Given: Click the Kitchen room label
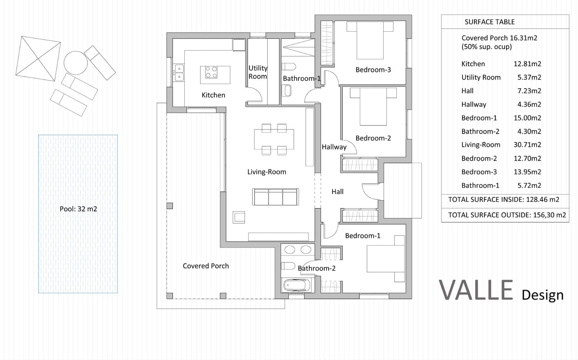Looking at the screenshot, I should coord(213,95).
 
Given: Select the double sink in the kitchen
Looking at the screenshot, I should coord(179,72).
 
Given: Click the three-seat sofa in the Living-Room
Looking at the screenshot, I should coord(276,197).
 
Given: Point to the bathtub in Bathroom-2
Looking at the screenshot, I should coord(296,285).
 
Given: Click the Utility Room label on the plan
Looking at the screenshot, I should coord(258,72).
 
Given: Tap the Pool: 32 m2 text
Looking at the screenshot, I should coord(78,209).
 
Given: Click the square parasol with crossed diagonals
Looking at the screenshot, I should coord(38,58).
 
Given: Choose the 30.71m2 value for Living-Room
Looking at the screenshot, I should coord(527,145).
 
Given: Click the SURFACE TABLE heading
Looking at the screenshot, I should coord(489,22).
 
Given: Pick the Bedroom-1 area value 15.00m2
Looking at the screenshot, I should coord(527,118).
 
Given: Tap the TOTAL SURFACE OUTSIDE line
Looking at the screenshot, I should coord(506,215).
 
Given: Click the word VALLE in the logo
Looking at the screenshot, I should coord(476,290).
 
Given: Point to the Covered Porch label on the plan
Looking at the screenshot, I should coord(206,266).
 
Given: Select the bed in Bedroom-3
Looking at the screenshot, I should coord(370,40).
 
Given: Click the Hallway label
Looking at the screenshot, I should coord(334,147).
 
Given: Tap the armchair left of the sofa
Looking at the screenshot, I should coord(239,217).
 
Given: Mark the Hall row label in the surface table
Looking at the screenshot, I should coord(467,91).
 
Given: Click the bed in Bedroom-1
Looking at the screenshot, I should coord(385,258).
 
